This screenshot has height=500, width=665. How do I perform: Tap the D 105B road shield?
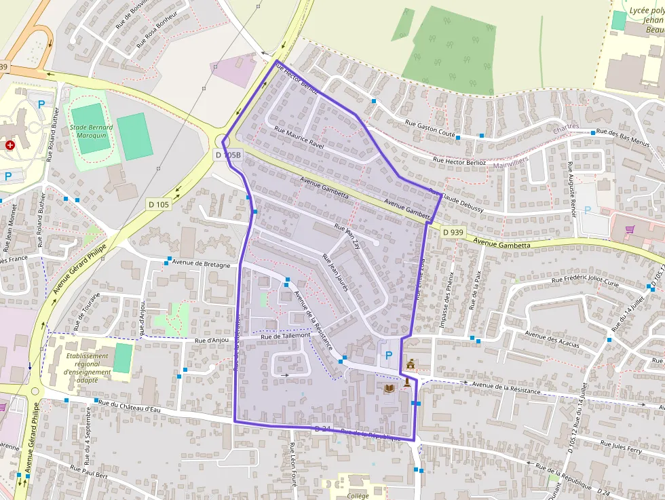pyautogui.click(x=228, y=155)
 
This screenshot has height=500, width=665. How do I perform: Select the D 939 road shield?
pyautogui.click(x=453, y=232)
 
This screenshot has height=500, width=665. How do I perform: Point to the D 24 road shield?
pyautogui.click(x=323, y=429)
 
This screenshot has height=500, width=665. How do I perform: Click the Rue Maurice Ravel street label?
pyautogui.click(x=299, y=138)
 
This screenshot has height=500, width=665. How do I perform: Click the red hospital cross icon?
pyautogui.click(x=9, y=145)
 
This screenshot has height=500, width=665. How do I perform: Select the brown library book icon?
pyautogui.click(x=389, y=389)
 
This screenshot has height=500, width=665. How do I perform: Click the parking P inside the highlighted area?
pyautogui.click(x=388, y=355)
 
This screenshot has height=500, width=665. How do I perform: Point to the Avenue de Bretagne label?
pyautogui.click(x=202, y=263)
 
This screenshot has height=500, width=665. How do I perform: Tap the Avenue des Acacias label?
pyautogui.click(x=552, y=339)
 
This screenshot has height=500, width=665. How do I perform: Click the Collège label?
pyautogui.click(x=358, y=496)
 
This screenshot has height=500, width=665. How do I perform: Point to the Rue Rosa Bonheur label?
pyautogui.click(x=157, y=29)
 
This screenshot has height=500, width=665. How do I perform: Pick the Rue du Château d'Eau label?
pyautogui.click(x=129, y=406)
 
